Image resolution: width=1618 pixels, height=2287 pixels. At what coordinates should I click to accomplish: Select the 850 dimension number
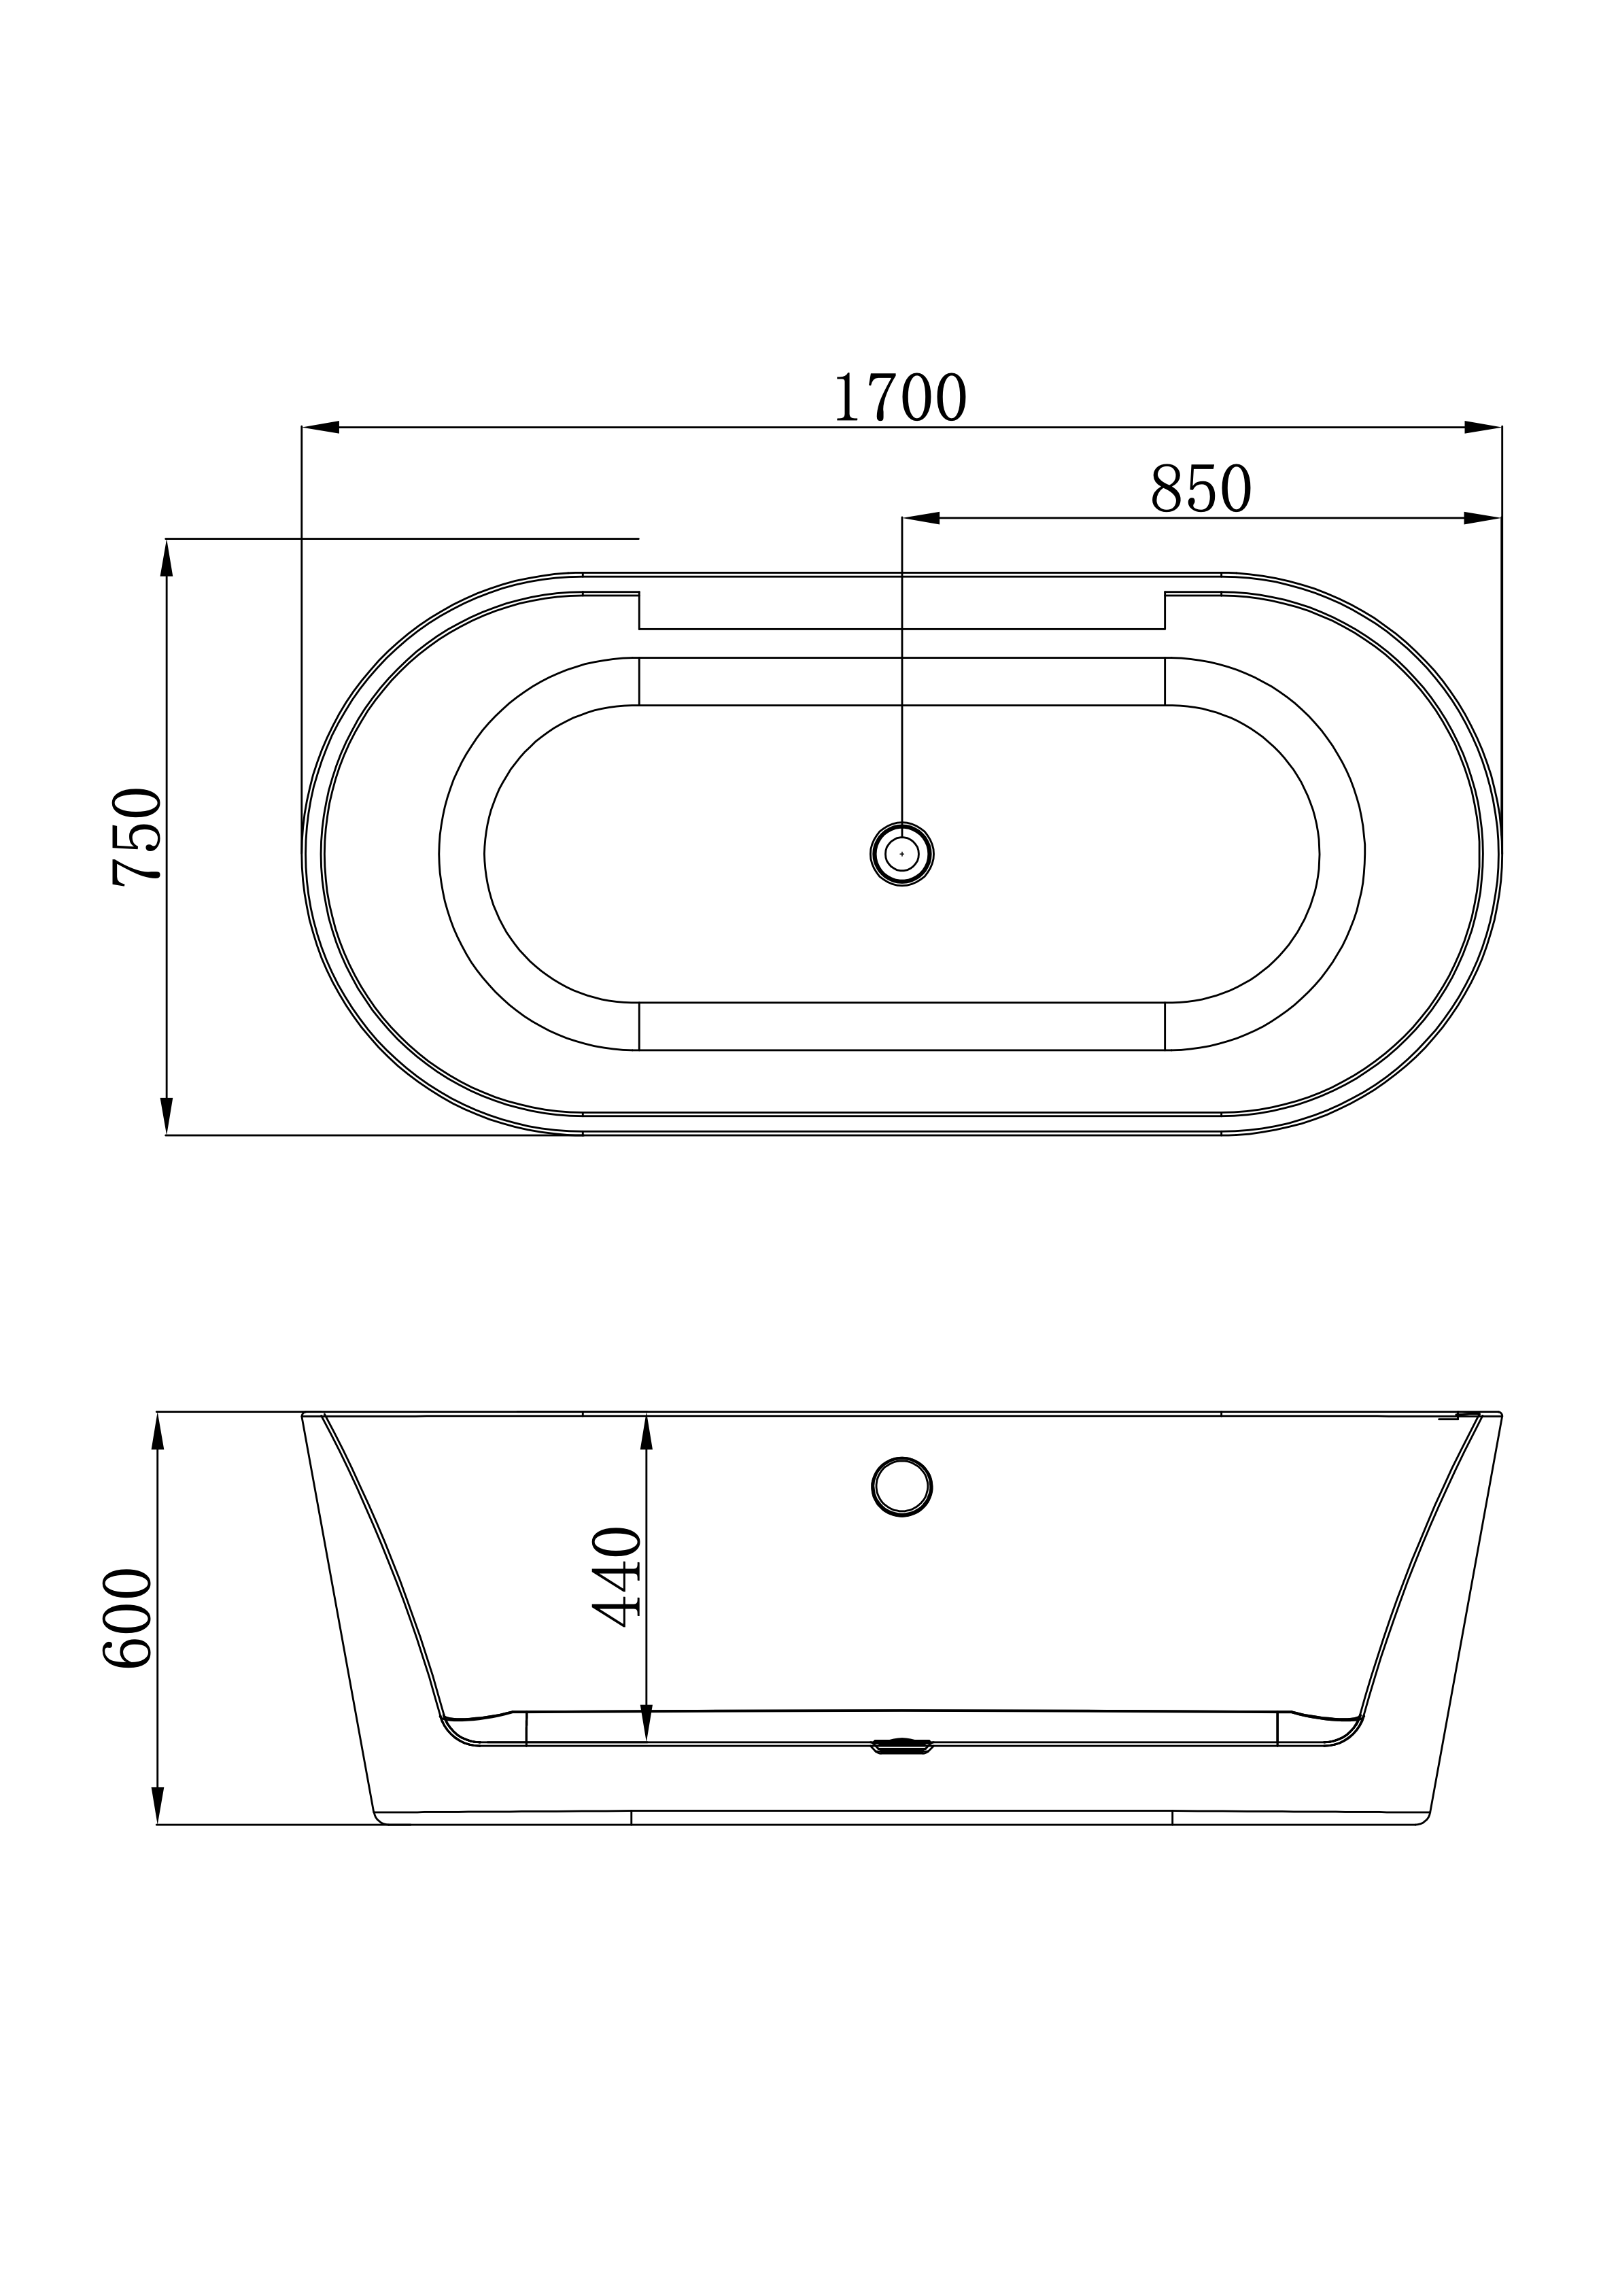[1201, 489]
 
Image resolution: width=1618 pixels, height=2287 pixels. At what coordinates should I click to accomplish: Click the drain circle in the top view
[901, 854]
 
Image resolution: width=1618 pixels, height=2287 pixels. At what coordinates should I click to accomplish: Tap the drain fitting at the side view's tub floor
[901, 1746]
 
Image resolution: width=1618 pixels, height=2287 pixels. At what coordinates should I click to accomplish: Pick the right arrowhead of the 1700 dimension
[1483, 428]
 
